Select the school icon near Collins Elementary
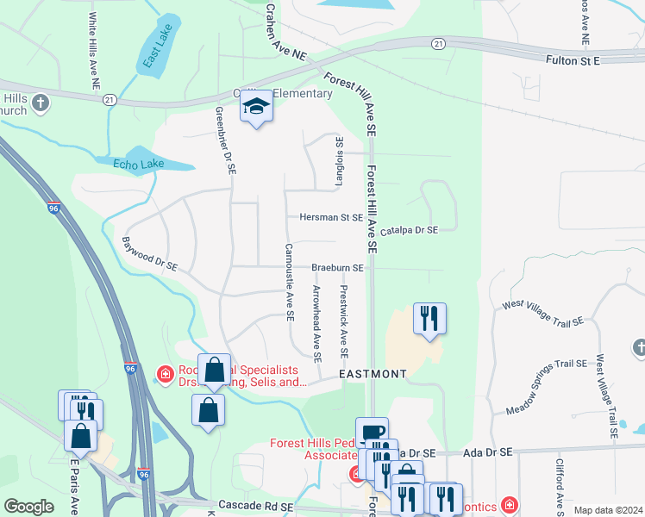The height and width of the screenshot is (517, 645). point(255,108)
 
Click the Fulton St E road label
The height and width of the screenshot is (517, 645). point(573,60)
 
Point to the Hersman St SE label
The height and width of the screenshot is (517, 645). point(330,218)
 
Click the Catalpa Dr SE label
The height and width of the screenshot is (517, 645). point(409,230)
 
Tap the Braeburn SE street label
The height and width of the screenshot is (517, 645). point(337,268)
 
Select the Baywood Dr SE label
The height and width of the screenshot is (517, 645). point(149,256)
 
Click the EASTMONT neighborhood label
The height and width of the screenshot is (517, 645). point(372,374)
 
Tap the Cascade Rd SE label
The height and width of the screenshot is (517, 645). point(254,505)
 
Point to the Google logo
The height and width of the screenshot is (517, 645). point(28,507)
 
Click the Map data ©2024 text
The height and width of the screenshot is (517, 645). point(608,510)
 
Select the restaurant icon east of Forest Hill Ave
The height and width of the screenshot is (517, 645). point(429,319)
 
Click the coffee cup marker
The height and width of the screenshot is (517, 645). point(372,433)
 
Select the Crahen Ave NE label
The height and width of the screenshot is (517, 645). point(284,32)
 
